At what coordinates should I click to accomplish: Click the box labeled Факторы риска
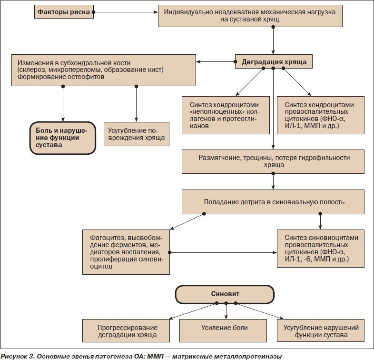pos(64,12)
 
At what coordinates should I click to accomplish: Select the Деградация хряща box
pos(274,62)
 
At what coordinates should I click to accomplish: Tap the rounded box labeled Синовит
pos(225,294)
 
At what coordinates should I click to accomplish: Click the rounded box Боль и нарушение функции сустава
pos(63,138)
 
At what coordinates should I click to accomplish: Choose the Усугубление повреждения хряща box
pos(137,134)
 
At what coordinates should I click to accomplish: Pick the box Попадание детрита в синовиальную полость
pos(273,202)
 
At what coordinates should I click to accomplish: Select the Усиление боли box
pos(223,330)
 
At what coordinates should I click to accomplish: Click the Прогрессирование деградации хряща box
pos(126,330)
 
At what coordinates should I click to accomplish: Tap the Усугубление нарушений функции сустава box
pos(321,330)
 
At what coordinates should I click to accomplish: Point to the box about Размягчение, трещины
pos(273,161)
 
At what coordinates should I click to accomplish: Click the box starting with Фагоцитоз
pos(126,252)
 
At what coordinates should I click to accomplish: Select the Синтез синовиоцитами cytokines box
pos(321,248)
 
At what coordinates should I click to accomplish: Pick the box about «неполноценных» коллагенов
pos(226,115)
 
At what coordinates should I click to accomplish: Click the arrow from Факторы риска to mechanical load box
pos(126,12)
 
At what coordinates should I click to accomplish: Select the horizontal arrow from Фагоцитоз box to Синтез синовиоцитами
pos(223,252)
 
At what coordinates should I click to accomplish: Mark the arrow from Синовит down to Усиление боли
pos(226,311)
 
